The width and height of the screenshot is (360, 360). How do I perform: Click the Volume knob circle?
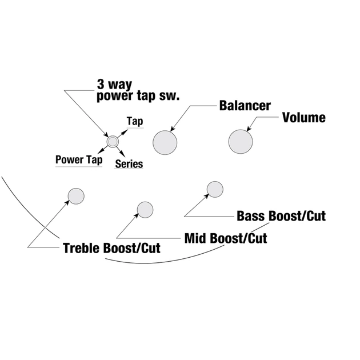[x=241, y=141]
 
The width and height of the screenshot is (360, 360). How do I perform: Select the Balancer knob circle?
[x=165, y=141]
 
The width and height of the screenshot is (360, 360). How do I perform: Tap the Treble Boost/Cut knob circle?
[x=75, y=195]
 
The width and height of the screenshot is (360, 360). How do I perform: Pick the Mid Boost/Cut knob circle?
[x=145, y=209]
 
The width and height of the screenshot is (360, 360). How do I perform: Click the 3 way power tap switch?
[x=112, y=141]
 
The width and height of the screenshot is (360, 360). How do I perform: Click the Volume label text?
[x=304, y=118]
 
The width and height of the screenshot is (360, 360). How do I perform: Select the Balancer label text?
[x=245, y=106]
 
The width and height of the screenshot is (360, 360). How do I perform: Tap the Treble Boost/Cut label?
[x=111, y=249]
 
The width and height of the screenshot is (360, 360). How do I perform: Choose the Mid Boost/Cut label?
[x=225, y=237]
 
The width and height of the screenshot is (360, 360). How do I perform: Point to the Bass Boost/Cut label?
[x=281, y=216]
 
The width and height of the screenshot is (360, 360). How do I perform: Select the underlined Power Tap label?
[x=79, y=159]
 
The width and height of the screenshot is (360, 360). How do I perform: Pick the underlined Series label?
[x=129, y=164]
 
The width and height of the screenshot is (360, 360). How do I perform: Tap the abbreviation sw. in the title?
[x=171, y=95]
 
